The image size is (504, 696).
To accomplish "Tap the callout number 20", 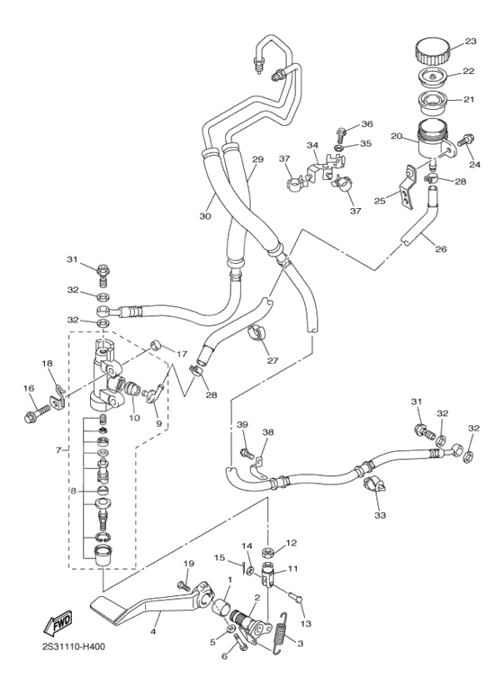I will [x=395, y=136].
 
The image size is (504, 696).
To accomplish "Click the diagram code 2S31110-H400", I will [x=73, y=647].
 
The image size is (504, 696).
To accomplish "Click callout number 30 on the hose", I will [x=205, y=217].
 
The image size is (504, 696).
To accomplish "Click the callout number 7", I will [x=58, y=450].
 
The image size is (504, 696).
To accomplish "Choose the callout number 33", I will [x=379, y=516].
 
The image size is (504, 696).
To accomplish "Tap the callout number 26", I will [x=442, y=249].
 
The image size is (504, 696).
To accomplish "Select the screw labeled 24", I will [x=466, y=141].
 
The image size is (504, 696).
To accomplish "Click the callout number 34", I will [x=311, y=146].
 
